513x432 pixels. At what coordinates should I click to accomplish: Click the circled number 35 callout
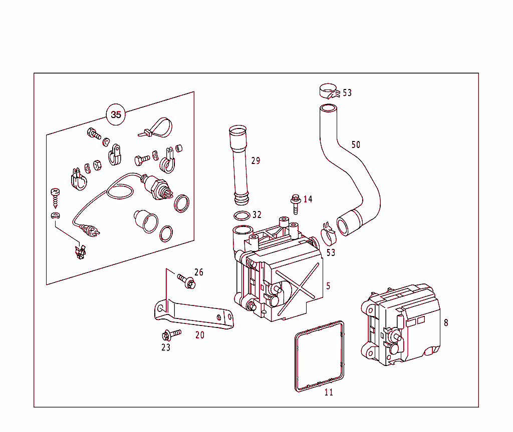(x=116, y=114)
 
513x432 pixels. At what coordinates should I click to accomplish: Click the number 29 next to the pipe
(x=256, y=160)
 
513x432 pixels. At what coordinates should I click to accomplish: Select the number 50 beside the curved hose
(x=356, y=144)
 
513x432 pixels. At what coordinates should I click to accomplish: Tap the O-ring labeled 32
(x=242, y=216)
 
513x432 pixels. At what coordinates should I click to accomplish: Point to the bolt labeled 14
(x=296, y=204)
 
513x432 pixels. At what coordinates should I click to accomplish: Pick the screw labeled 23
(x=171, y=334)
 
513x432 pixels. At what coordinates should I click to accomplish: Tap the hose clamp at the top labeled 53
(x=329, y=91)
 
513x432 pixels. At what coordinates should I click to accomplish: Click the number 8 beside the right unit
(x=445, y=323)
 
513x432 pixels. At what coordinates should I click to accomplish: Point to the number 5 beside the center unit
(x=328, y=286)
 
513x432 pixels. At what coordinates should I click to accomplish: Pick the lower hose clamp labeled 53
(x=329, y=235)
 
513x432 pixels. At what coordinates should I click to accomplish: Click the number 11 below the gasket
(x=329, y=392)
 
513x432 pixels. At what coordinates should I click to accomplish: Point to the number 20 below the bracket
(x=200, y=335)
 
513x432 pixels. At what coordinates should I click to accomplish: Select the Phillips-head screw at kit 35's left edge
(x=55, y=197)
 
